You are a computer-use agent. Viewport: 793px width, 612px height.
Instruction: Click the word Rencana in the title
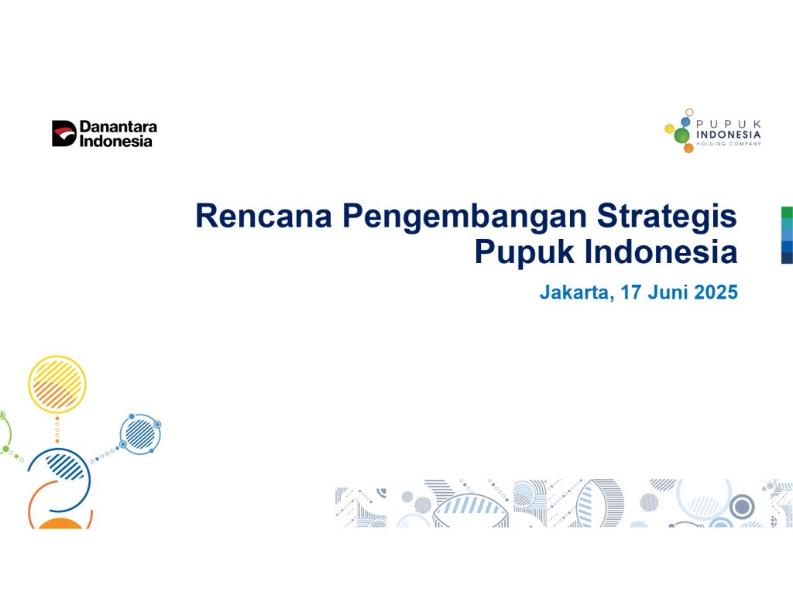(263, 216)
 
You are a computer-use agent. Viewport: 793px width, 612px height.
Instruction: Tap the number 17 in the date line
(631, 292)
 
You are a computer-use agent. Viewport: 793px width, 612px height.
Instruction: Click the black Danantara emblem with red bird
(64, 133)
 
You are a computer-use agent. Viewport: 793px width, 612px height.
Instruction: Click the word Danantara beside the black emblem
(118, 126)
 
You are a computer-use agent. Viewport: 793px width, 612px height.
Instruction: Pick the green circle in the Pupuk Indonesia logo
(681, 135)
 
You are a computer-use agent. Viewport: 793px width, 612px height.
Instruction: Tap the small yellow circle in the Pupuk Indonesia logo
(670, 129)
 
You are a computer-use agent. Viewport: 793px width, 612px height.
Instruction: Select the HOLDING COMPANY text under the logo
(728, 144)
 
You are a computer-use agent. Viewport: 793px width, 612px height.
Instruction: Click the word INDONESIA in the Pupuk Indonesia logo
(728, 135)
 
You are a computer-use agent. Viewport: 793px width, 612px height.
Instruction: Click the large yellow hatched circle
(57, 385)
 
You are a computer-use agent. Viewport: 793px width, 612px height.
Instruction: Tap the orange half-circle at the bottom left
(60, 524)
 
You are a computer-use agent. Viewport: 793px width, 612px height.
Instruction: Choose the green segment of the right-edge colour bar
(787, 212)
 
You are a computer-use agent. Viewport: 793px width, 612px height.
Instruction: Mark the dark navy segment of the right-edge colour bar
(787, 258)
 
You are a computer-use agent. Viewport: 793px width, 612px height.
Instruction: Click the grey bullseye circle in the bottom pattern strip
(742, 506)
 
